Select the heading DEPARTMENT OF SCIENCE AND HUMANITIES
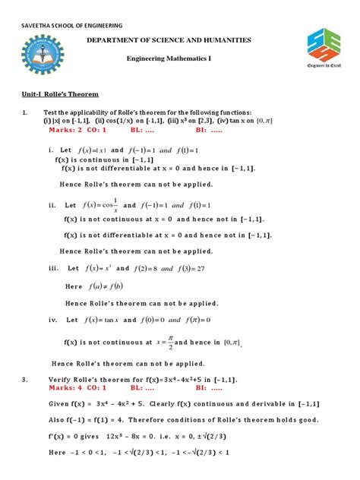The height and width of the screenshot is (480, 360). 180,39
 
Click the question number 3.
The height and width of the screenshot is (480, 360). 26,378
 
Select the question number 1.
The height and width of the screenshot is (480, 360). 26,112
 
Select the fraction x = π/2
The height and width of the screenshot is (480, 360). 169,342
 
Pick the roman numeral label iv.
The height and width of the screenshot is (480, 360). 53,320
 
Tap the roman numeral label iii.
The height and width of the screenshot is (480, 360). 52,269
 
